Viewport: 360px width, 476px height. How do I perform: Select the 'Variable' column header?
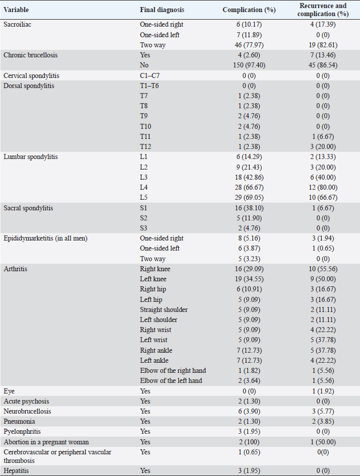coord(17,10)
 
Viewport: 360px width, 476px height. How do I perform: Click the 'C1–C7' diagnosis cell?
coord(151,75)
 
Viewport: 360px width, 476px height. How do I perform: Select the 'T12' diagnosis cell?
coord(146,146)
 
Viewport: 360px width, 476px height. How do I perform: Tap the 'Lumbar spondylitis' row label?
coord(30,156)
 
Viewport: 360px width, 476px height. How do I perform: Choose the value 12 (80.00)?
coord(316,187)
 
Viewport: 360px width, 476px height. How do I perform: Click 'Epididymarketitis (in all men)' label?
coord(45,238)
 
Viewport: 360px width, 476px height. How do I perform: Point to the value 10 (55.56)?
coord(316,269)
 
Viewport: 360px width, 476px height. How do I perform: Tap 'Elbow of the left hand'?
coord(171,380)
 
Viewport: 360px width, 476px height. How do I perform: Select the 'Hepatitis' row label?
coord(16,470)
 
